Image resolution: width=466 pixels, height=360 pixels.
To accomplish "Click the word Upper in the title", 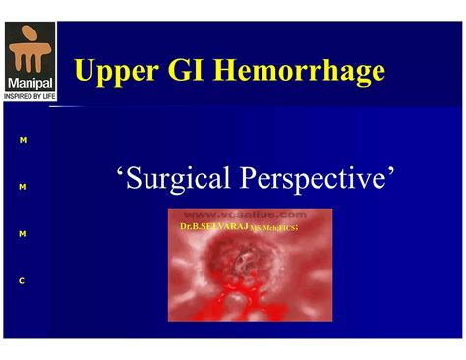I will point(114,71).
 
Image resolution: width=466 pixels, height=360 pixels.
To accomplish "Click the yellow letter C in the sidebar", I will point(22,281).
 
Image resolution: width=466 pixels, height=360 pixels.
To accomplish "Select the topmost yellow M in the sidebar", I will point(22,140).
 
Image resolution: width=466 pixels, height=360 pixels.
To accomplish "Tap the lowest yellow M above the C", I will point(22,234).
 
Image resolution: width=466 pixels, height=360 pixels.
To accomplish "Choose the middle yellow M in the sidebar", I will point(22,187).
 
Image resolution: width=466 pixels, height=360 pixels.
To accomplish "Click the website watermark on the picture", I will point(246,213).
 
